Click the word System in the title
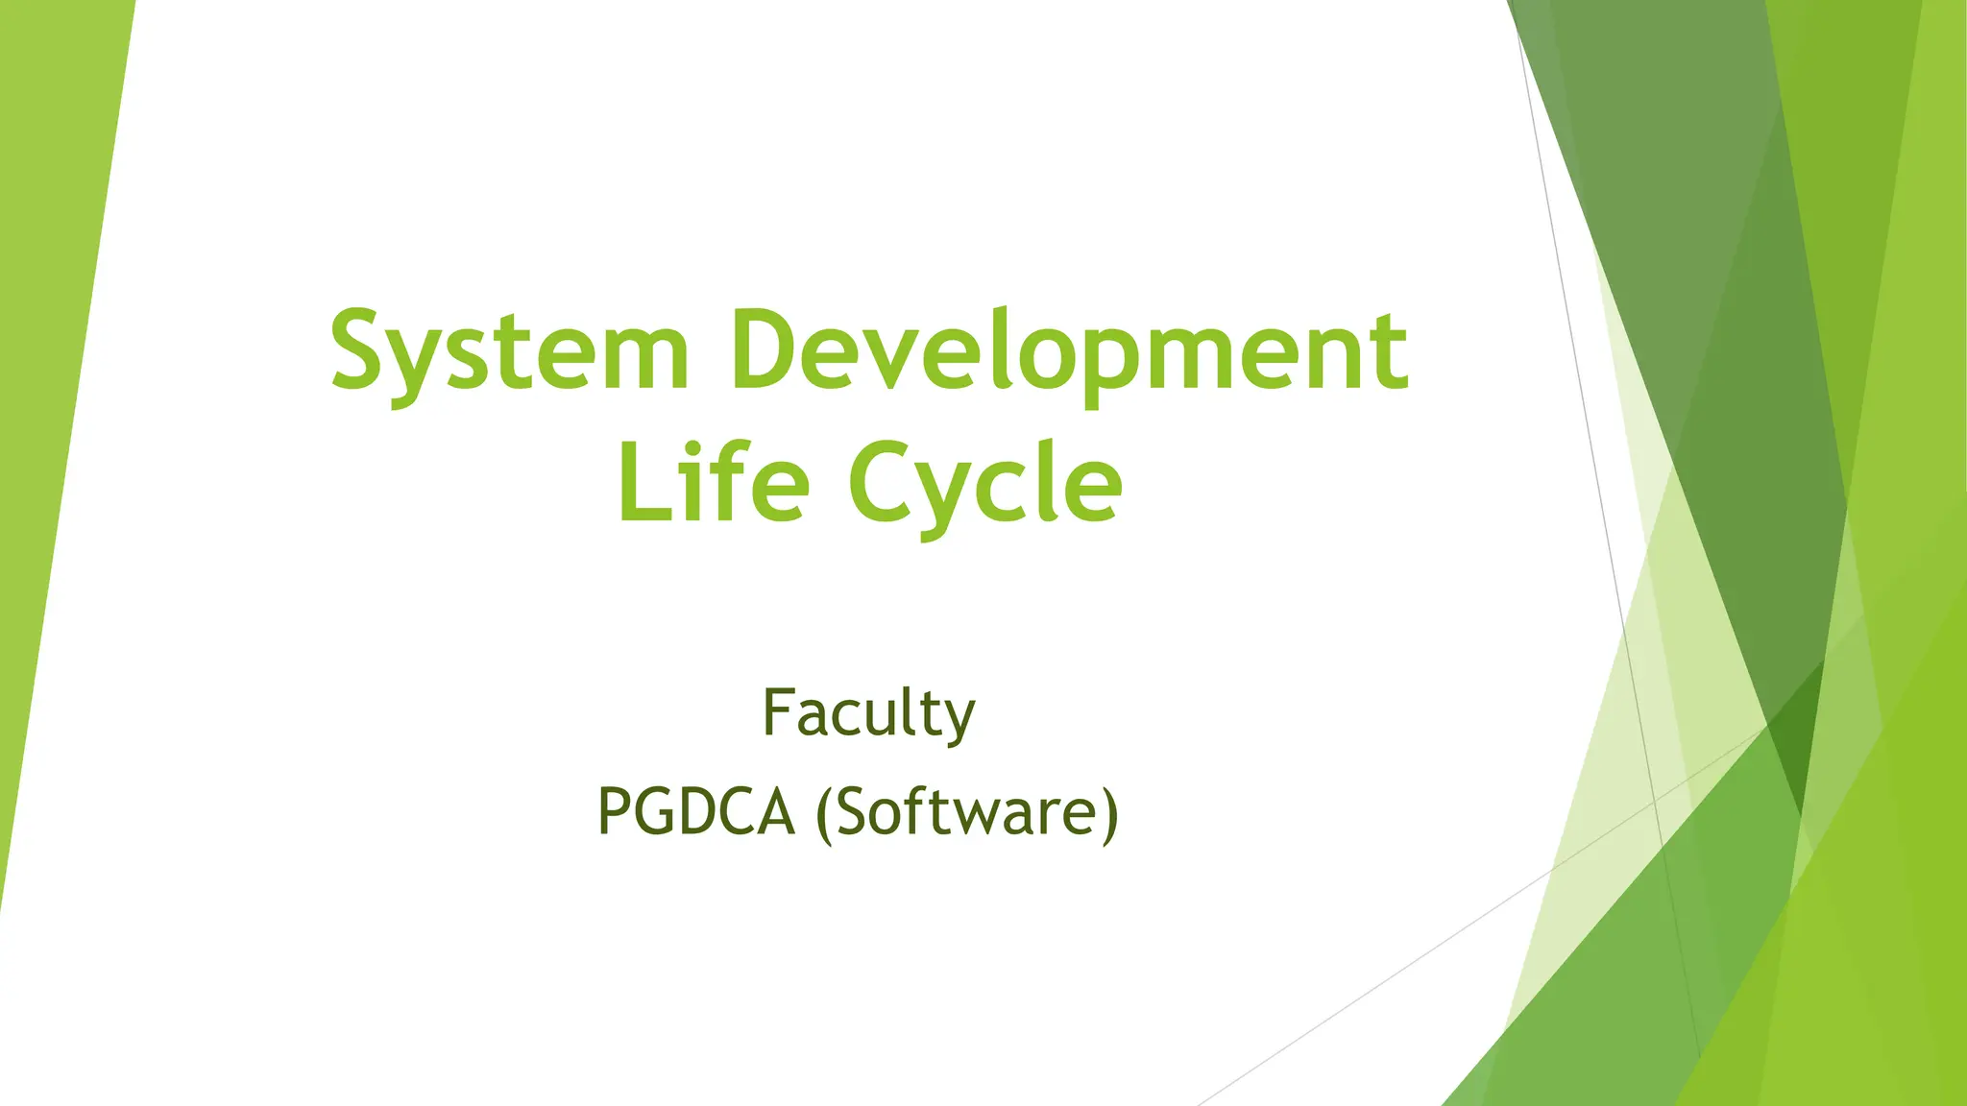click(x=510, y=350)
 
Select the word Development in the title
click(x=1069, y=350)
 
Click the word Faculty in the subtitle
click(x=868, y=714)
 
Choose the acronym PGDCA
click(x=696, y=812)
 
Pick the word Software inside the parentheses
click(x=966, y=812)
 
